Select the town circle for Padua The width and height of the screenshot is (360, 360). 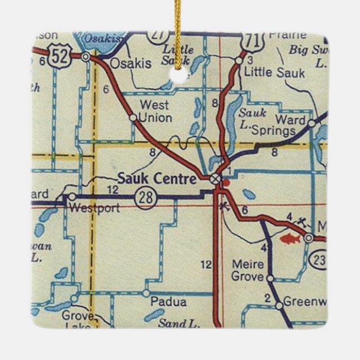coord(146,293)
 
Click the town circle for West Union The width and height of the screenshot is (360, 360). coord(132,118)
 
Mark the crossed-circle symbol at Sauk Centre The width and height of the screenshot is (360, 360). coord(215,178)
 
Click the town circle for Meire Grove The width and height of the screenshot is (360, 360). coord(269,278)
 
